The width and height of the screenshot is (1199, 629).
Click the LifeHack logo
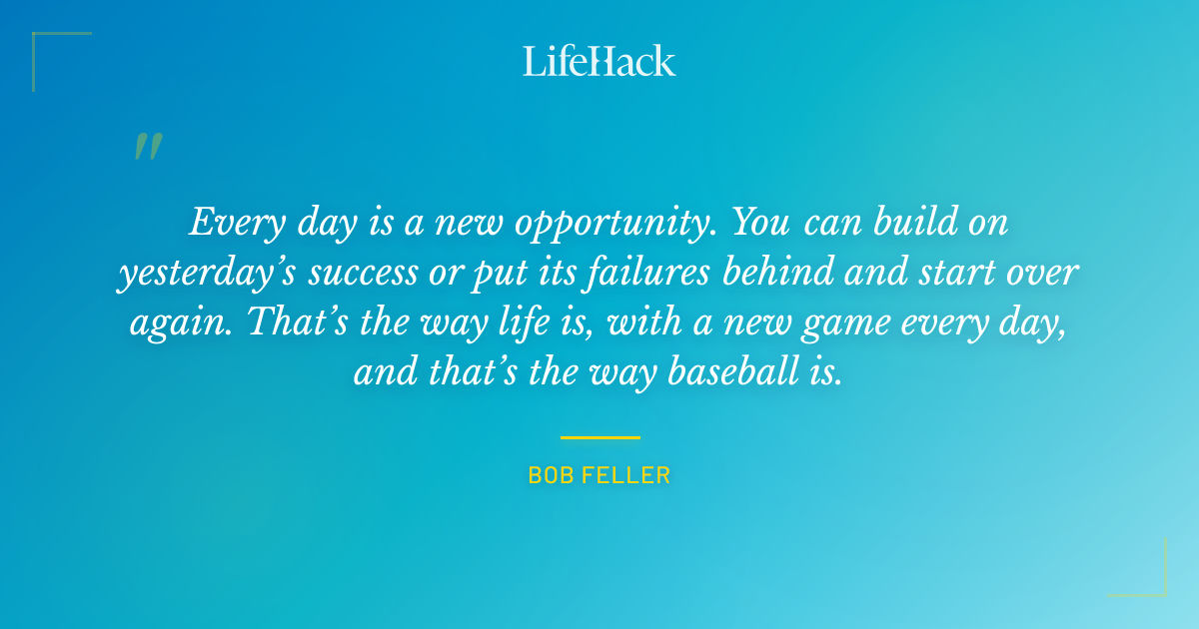coord(599,61)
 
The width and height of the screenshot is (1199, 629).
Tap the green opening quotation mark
coord(147,147)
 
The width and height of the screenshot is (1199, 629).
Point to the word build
coord(905,222)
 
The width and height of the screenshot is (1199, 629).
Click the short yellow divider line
coord(599,437)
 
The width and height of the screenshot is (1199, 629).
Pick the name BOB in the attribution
coord(548,476)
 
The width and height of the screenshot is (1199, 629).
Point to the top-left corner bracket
coord(50,50)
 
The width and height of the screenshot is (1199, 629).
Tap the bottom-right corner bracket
coord(1149,579)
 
